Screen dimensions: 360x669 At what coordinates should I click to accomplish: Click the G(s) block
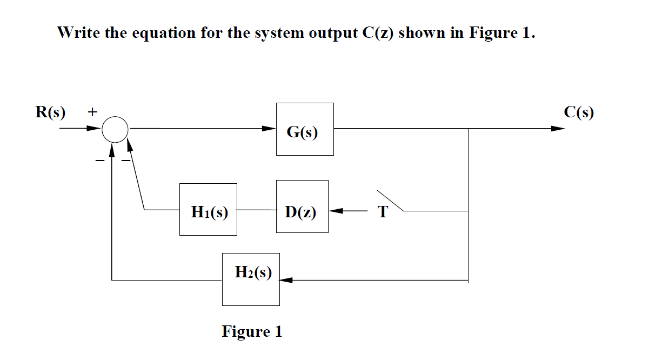click(304, 129)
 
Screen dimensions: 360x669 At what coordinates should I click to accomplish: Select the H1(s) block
click(208, 209)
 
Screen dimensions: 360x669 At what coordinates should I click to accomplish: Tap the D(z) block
click(302, 206)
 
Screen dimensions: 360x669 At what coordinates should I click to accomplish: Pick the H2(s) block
click(251, 279)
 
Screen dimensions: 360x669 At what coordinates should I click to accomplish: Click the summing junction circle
click(115, 129)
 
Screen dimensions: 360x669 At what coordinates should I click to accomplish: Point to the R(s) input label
click(50, 112)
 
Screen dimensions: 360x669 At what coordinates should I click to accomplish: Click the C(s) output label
click(578, 112)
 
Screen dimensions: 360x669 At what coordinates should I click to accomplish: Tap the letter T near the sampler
click(383, 212)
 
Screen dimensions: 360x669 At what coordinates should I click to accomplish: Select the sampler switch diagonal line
click(390, 200)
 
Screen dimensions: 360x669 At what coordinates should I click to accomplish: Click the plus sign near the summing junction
click(92, 112)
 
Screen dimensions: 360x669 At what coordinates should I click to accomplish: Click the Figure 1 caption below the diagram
click(252, 331)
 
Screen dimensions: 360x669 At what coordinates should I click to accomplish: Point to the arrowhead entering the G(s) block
click(269, 129)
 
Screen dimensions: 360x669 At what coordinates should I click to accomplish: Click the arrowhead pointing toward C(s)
click(557, 129)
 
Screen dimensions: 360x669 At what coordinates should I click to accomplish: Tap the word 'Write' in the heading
click(75, 33)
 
